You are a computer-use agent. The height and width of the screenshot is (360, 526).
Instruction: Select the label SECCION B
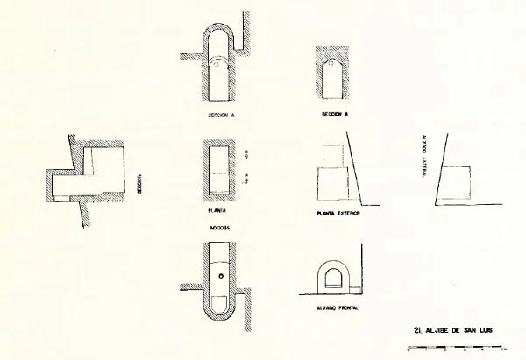(x=336, y=115)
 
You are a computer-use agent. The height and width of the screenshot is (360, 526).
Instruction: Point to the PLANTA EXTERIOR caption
(x=338, y=213)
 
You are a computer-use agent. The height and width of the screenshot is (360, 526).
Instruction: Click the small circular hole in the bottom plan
(x=222, y=279)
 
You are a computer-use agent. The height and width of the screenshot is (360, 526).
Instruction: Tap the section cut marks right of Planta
(x=249, y=171)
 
